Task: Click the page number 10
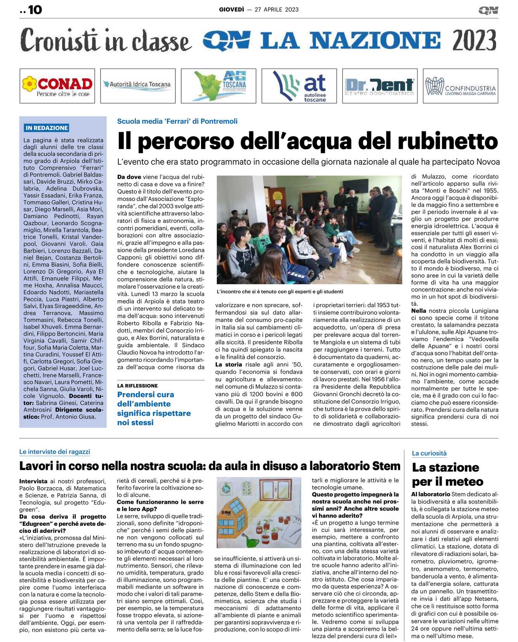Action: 35,10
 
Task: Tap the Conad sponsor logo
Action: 57,86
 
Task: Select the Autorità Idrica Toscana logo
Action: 138,84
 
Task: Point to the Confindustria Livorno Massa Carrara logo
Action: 461,86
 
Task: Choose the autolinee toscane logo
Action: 299,86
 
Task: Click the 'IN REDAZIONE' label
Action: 47,128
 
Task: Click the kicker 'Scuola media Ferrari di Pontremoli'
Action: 177,121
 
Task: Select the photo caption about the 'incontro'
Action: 280,291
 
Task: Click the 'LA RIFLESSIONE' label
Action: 137,386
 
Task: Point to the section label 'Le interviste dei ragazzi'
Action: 55,452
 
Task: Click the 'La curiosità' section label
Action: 429,453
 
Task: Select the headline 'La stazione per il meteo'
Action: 447,474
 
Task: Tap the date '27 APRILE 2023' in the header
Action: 276,10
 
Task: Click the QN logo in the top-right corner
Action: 488,10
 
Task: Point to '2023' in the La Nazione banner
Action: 474,41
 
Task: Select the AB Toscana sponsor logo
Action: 218,86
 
